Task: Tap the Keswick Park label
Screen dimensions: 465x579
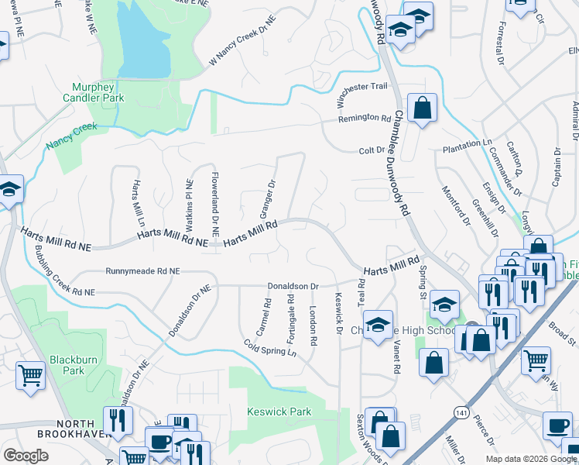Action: pos(278,412)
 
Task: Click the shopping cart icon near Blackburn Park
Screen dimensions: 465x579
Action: pos(30,376)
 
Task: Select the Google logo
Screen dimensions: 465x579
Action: pos(26,456)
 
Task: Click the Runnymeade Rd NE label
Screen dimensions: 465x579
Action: pos(142,272)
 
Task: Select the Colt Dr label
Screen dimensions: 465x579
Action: pos(371,150)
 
